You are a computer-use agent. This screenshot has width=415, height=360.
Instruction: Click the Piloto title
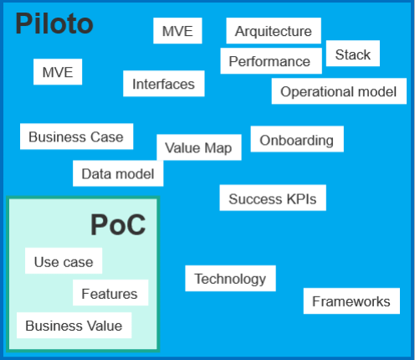pyautogui.click(x=54, y=23)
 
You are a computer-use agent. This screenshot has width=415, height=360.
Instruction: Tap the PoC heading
pyautogui.click(x=118, y=225)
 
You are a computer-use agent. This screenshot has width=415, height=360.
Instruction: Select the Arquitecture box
pyautogui.click(x=274, y=31)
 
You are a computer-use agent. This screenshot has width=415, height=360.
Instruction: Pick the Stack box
pyautogui.click(x=353, y=54)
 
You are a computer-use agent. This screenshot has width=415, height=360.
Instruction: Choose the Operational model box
pyautogui.click(x=339, y=91)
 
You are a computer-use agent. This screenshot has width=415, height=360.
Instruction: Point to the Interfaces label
pyautogui.click(x=163, y=84)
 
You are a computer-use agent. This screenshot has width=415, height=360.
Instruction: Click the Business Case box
pyautogui.click(x=76, y=136)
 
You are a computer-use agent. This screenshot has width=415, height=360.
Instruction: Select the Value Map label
pyautogui.click(x=198, y=148)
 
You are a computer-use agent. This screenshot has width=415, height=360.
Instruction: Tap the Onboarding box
pyautogui.click(x=297, y=139)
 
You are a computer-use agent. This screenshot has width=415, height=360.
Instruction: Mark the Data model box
pyautogui.click(x=118, y=173)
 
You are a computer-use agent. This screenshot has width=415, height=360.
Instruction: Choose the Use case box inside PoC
pyautogui.click(x=64, y=260)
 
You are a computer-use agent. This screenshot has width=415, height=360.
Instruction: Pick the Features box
pyautogui.click(x=110, y=292)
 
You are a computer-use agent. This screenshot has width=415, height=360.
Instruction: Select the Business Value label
pyautogui.click(x=74, y=326)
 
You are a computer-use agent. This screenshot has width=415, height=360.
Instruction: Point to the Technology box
pyautogui.click(x=230, y=278)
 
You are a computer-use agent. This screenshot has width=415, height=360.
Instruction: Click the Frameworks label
pyautogui.click(x=351, y=301)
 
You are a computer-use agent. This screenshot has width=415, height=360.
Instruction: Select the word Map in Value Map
pyautogui.click(x=218, y=148)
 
